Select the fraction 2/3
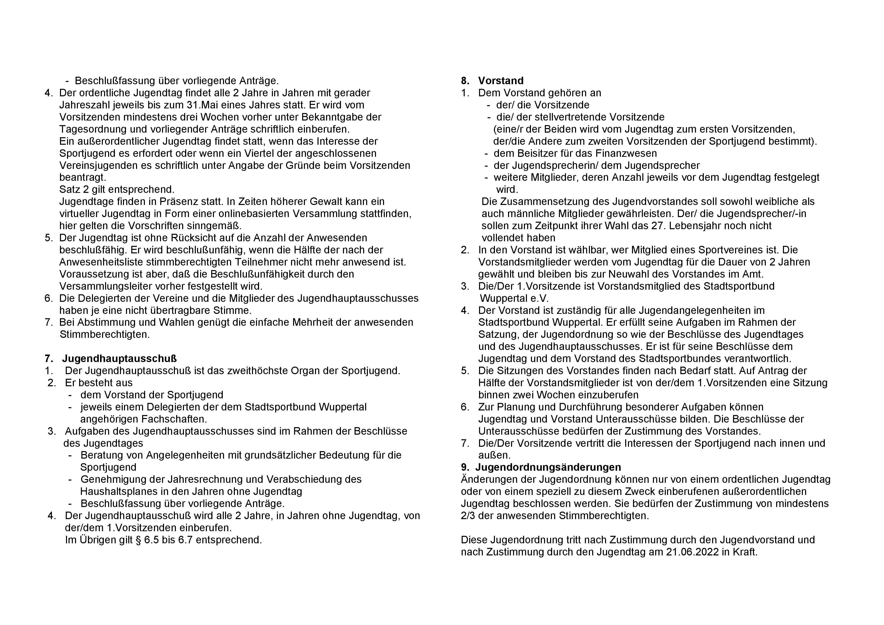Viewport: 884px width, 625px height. click(x=468, y=516)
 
